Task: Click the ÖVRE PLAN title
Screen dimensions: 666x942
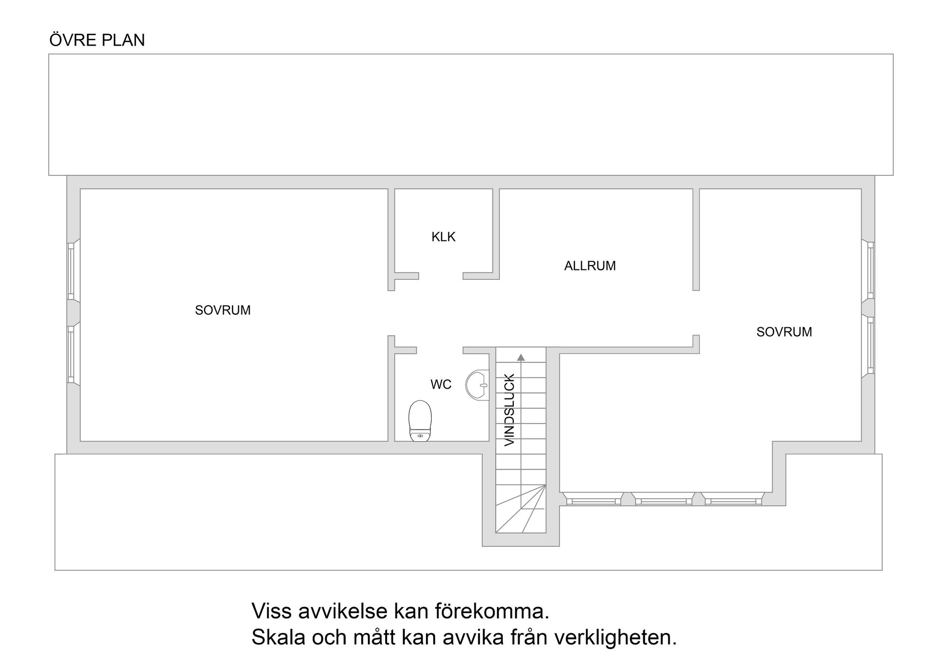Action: [97, 40]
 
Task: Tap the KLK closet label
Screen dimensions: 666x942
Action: [443, 237]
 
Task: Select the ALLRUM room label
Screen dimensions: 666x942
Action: [589, 266]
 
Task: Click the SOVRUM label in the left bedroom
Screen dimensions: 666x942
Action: [223, 311]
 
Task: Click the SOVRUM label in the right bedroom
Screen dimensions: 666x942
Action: [784, 332]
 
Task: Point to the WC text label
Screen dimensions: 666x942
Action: [441, 385]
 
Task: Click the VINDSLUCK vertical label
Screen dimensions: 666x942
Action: [510, 410]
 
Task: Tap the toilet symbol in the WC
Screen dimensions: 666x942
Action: [420, 421]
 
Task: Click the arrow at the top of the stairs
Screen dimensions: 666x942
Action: [521, 358]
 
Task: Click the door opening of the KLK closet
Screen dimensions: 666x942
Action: [441, 276]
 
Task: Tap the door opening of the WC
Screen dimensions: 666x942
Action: [440, 350]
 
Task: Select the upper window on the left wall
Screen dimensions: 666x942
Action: [71, 270]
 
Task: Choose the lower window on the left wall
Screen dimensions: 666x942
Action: [71, 354]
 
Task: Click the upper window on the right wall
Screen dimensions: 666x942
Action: [870, 270]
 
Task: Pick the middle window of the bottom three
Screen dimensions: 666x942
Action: [663, 501]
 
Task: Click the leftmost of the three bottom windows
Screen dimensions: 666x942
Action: [593, 501]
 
